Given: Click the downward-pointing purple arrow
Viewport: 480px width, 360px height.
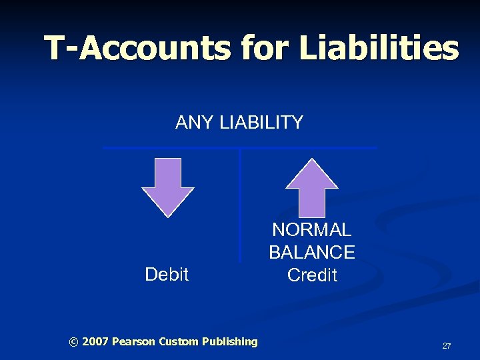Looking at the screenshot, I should point(168,187).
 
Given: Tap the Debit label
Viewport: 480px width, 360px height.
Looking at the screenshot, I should point(167,274).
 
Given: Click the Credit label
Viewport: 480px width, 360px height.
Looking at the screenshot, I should point(312,275).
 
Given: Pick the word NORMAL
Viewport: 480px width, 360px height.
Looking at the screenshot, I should point(312,230).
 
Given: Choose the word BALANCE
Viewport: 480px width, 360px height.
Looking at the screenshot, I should point(312,253).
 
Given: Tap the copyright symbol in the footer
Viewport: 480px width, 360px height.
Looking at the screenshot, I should point(73,342).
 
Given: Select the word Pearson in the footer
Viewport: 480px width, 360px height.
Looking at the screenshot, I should point(133,342).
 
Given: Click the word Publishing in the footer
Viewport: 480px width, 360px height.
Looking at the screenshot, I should point(230,342).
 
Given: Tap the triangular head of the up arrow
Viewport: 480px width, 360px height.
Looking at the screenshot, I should point(311,174).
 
